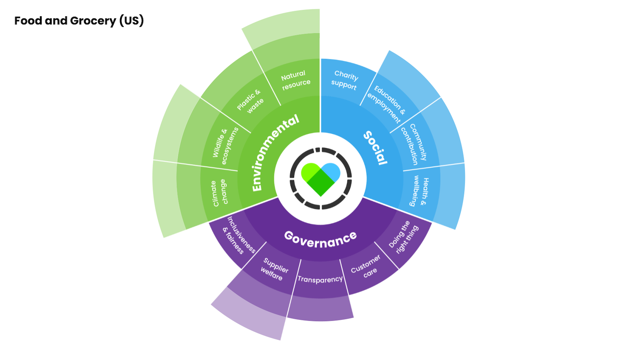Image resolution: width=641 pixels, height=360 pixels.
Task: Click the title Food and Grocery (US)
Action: pyautogui.click(x=79, y=20)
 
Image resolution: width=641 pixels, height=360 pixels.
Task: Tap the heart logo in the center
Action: pyautogui.click(x=320, y=179)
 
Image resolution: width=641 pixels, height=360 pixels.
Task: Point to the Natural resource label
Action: pyautogui.click(x=295, y=79)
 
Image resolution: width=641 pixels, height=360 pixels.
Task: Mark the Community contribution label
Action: pyautogui.click(x=414, y=144)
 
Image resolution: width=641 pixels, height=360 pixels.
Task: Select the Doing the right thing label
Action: pyautogui.click(x=403, y=237)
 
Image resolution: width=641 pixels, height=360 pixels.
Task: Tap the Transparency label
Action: pyautogui.click(x=320, y=279)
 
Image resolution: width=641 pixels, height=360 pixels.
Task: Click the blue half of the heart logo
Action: pyautogui.click(x=332, y=172)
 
